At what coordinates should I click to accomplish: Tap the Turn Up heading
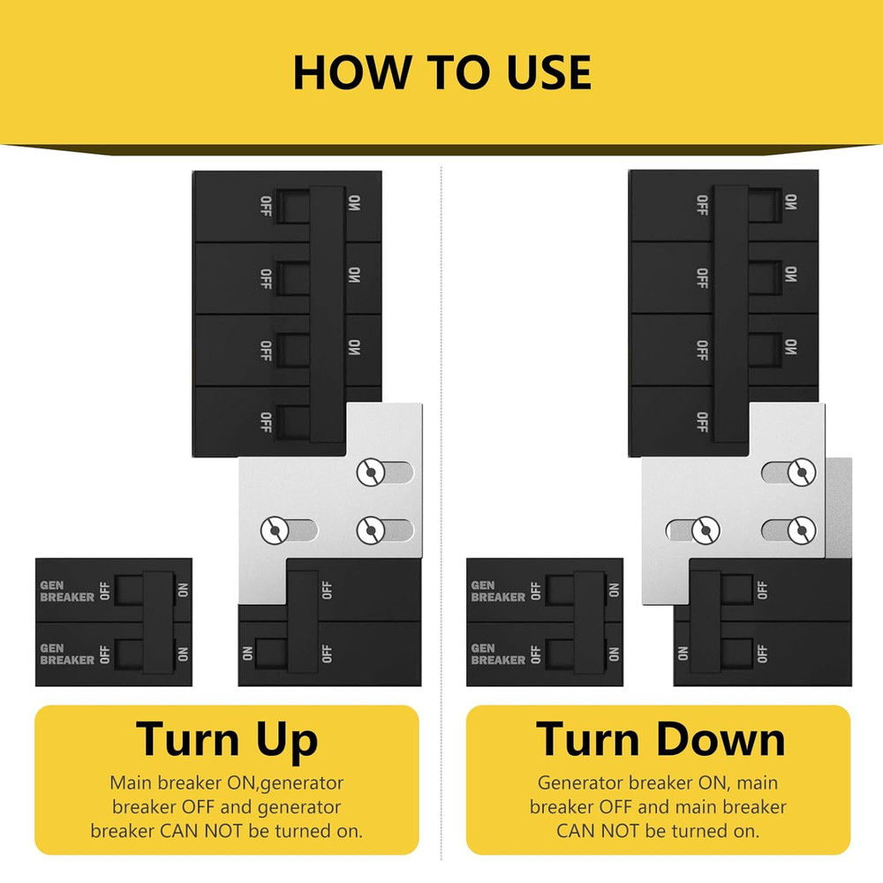click(x=227, y=739)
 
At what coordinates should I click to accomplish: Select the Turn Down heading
click(x=660, y=739)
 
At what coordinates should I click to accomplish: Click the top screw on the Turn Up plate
click(x=371, y=472)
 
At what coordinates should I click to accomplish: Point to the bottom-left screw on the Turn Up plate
click(x=275, y=530)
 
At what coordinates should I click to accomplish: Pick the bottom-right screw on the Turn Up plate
click(x=371, y=530)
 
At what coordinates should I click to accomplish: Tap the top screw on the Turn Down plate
click(x=802, y=472)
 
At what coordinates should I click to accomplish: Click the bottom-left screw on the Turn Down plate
click(x=706, y=530)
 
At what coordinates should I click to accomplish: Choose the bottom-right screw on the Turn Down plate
click(x=802, y=530)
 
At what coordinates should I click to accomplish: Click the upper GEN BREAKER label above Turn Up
click(x=67, y=592)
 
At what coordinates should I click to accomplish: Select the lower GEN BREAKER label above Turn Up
click(x=67, y=654)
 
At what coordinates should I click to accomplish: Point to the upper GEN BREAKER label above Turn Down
click(x=498, y=592)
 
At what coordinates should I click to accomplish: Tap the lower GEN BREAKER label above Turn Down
click(x=498, y=654)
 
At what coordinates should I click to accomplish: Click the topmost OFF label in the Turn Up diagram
click(x=266, y=206)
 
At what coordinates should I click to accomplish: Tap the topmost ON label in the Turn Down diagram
click(x=790, y=201)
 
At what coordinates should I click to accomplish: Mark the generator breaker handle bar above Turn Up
click(x=158, y=622)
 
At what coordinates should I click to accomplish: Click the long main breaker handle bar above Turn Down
click(x=731, y=313)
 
